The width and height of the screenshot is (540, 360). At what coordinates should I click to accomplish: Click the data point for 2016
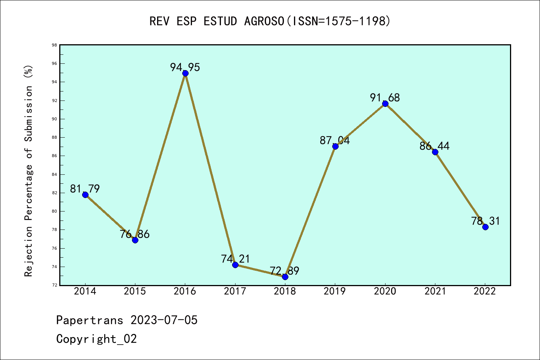click(185, 73)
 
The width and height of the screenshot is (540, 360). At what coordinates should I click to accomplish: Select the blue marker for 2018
click(285, 277)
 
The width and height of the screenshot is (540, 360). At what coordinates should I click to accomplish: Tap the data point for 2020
click(385, 103)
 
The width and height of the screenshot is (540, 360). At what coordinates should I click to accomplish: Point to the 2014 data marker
click(85, 195)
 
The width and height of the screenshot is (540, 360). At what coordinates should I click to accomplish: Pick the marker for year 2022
click(485, 227)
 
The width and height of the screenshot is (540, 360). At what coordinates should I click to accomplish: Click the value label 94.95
click(185, 67)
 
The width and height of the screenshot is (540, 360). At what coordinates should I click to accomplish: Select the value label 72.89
click(284, 271)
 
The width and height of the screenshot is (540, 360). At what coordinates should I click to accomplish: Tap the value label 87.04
click(334, 140)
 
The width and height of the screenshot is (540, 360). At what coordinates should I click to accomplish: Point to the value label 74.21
click(235, 259)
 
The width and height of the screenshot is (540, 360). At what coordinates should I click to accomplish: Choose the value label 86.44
click(434, 146)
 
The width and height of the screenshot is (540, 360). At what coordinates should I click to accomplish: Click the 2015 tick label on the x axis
click(135, 291)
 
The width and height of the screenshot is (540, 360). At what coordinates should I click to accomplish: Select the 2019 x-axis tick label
click(335, 291)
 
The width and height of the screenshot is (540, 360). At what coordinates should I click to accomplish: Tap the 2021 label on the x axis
click(435, 291)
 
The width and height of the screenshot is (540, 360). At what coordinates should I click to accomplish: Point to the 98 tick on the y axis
click(54, 45)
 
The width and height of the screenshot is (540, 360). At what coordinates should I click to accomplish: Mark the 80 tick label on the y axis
click(54, 211)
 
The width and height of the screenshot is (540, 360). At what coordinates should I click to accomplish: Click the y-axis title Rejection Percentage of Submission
click(28, 171)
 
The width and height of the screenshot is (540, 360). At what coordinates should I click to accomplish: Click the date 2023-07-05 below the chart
click(164, 320)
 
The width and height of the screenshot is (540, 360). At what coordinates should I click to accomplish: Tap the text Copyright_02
click(96, 339)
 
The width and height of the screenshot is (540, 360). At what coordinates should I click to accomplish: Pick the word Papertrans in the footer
click(90, 320)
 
